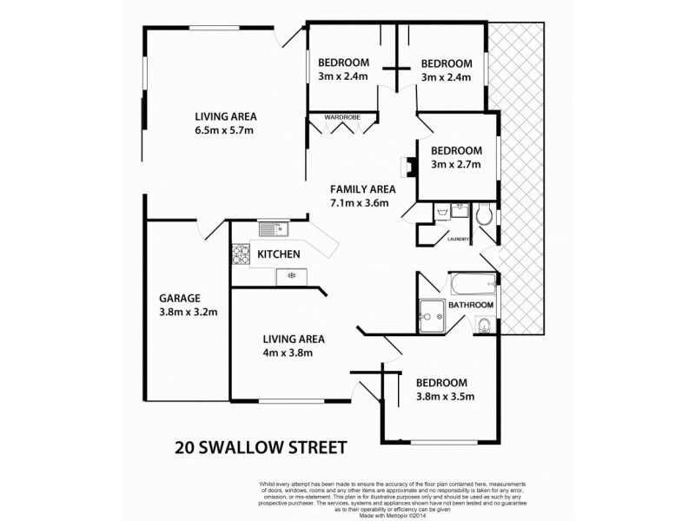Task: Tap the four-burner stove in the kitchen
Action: [x=241, y=254]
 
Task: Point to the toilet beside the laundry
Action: [x=485, y=214]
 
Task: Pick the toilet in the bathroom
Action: [x=484, y=326]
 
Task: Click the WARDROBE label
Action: [x=342, y=116]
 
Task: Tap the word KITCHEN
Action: [x=279, y=254]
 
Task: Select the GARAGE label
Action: [x=181, y=296]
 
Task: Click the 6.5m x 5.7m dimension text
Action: [x=223, y=131]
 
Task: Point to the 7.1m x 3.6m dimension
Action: [x=358, y=203]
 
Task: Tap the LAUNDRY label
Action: [x=458, y=240]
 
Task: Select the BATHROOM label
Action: [x=471, y=305]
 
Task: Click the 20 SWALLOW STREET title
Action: [x=260, y=448]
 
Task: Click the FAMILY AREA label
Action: [x=362, y=189]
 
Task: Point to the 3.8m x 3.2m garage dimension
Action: [x=188, y=312]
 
